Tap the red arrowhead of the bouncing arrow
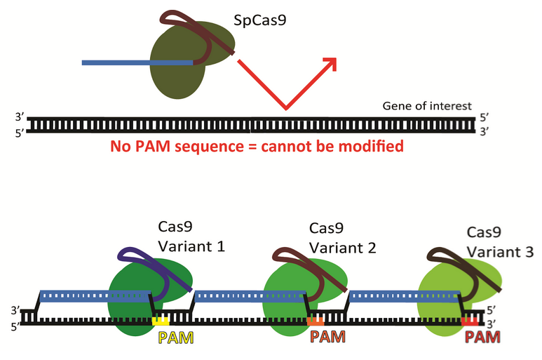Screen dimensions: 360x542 pos(330,65)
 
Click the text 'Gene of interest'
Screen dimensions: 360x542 pos(422,106)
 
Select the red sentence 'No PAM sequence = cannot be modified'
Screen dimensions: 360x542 pos(257,147)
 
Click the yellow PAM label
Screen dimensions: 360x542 pos(174,337)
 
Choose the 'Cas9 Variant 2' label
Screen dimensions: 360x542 pos(337,239)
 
